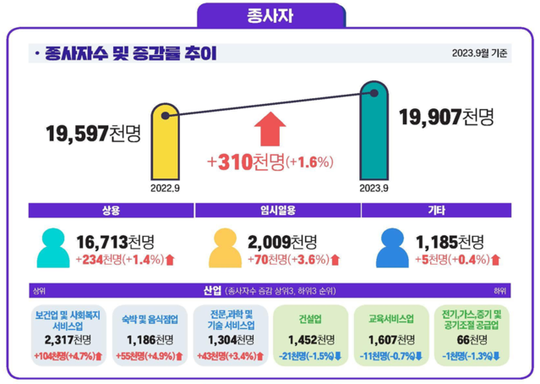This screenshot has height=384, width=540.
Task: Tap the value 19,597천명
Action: (94, 133)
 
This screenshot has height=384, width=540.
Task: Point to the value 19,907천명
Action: (445, 118)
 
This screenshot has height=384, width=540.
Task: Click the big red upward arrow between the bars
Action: (270, 129)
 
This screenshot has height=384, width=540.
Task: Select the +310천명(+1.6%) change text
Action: (270, 162)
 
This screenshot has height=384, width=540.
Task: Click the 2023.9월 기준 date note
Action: (479, 54)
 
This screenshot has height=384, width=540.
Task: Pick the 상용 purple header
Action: (111, 210)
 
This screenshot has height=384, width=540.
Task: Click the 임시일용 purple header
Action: (270, 210)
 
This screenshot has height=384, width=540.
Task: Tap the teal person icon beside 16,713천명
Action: (53, 248)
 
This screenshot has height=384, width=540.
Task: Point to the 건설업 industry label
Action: (310, 321)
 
